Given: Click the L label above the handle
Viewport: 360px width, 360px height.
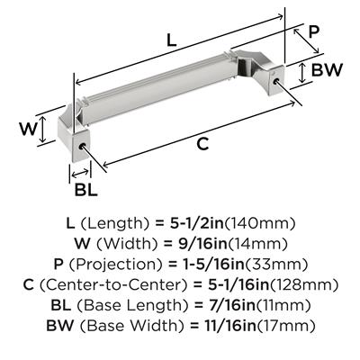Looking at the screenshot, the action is coord(171,40).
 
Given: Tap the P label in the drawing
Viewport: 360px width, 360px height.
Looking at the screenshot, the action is coord(314,31).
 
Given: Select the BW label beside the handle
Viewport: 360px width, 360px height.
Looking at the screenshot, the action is coord(327,70).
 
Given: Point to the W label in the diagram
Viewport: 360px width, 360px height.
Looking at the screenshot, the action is coord(29,130).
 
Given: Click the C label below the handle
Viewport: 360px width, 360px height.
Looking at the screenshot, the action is coord(202,144).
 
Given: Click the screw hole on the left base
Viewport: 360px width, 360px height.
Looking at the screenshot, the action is coord(82,147).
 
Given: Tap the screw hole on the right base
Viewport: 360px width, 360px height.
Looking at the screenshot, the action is coord(276,80).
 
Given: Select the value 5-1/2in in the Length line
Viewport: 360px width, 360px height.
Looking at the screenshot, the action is coord(197,224).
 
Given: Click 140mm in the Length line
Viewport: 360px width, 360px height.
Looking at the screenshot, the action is coord(260,224).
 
